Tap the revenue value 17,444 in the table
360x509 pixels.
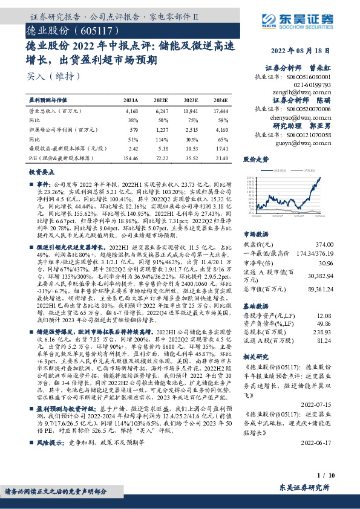(221, 112)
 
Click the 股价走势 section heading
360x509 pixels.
(255, 160)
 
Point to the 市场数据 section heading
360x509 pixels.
(255, 216)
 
